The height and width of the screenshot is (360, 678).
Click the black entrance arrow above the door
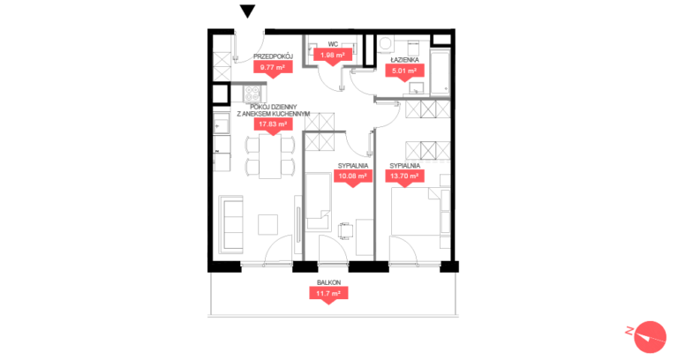click(x=248, y=11)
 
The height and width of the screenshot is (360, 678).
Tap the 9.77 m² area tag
click(x=273, y=67)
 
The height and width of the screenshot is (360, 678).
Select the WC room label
click(x=333, y=44)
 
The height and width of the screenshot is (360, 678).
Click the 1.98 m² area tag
click(x=333, y=56)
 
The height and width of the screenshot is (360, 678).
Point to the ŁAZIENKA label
click(x=404, y=60)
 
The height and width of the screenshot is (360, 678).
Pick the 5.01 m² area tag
click(x=404, y=71)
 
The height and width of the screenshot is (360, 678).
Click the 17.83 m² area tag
click(x=273, y=124)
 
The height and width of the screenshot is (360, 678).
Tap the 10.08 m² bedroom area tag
click(x=353, y=176)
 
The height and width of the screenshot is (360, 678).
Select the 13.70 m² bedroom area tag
click(x=404, y=176)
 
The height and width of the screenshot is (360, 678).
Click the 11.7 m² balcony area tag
click(x=328, y=294)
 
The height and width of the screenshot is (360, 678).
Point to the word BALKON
click(x=328, y=282)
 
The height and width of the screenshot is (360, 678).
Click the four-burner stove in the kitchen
click(x=252, y=94)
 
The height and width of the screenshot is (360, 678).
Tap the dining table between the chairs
click(x=270, y=156)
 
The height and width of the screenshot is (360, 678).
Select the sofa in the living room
click(x=231, y=224)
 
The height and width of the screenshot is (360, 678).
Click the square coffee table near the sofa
click(x=268, y=225)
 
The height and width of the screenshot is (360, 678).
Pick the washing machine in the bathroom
click(x=385, y=43)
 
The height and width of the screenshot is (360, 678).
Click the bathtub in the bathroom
click(x=441, y=71)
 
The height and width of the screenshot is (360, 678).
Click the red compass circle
click(x=650, y=337)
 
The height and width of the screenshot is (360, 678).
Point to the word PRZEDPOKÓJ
click(x=274, y=56)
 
